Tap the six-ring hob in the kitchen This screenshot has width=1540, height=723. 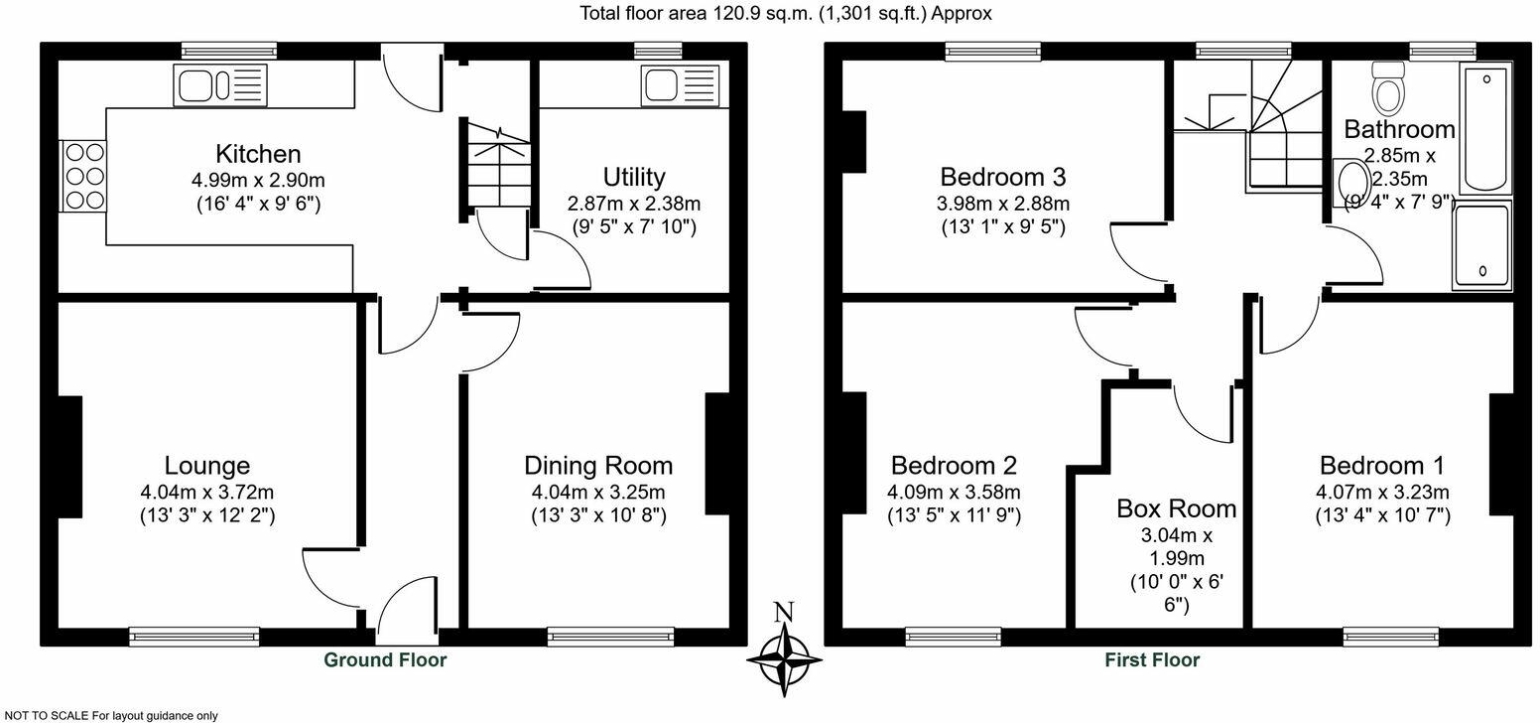point(84,176)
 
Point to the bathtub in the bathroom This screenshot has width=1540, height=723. point(1485,129)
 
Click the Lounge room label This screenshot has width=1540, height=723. point(206,465)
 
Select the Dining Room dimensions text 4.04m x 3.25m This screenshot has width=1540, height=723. point(597,493)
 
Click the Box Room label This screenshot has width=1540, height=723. point(1176,508)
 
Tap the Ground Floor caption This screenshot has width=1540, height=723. point(385,659)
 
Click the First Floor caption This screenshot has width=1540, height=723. point(1152,659)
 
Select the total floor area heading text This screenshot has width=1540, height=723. point(785,13)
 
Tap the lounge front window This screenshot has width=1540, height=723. point(194,636)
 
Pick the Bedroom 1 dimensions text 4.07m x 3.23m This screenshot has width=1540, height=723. point(1382,493)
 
